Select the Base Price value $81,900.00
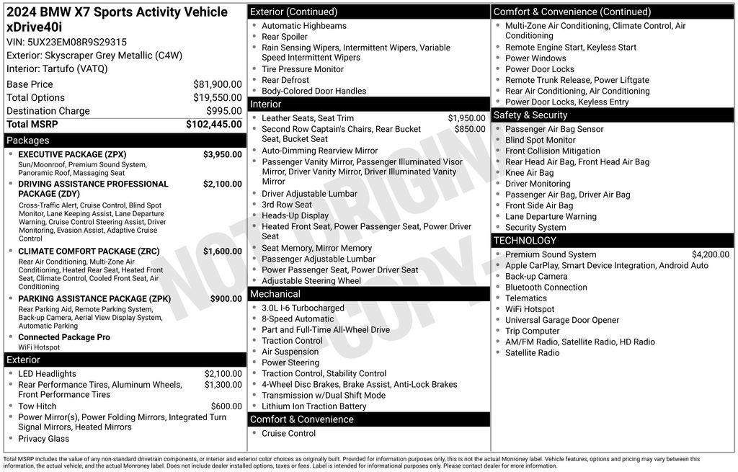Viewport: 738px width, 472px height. [217, 84]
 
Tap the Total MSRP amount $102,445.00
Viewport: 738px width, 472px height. [213, 124]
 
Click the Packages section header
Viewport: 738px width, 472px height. [27, 141]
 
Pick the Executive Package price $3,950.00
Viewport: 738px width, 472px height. [222, 155]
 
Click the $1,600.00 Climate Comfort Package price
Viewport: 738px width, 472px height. [222, 251]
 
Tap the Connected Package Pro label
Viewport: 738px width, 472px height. [64, 337]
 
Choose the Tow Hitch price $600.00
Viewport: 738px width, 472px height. [226, 406]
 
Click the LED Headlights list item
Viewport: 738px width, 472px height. [47, 374]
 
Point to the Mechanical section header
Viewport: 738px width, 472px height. [275, 294]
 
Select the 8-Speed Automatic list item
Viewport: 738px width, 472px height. [298, 319]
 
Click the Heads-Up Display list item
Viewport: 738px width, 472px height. [295, 215]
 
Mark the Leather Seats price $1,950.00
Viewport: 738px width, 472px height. [466, 118]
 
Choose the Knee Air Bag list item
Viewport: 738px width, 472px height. [529, 173]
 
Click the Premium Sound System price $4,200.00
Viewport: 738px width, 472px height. [710, 254]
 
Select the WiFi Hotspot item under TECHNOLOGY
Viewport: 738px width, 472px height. [530, 309]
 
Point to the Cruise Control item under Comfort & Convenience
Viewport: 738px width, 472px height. [288, 434]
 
